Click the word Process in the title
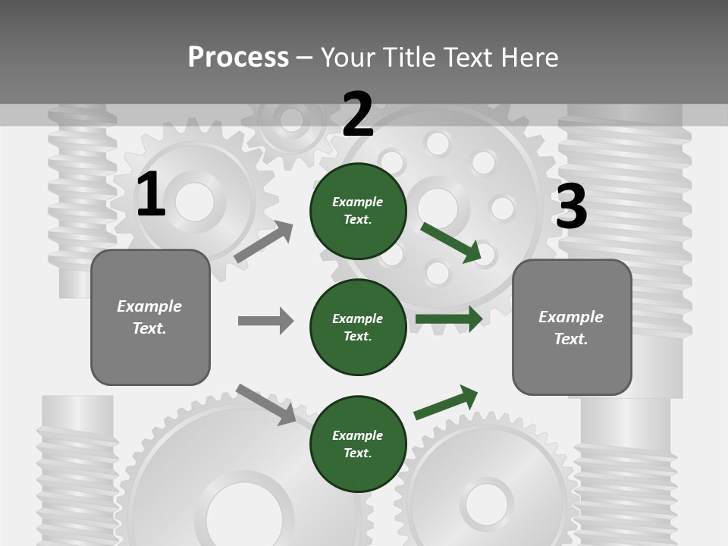238,58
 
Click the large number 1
151,195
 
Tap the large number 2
358,115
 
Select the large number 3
571,206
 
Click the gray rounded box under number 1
150,317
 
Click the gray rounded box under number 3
572,328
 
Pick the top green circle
358,211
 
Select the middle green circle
358,327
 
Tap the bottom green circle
358,444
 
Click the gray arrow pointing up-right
264,242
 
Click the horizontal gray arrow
265,321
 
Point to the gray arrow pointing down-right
266,404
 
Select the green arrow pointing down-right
451,243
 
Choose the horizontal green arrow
448,319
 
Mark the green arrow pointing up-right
446,402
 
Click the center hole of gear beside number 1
195,202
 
